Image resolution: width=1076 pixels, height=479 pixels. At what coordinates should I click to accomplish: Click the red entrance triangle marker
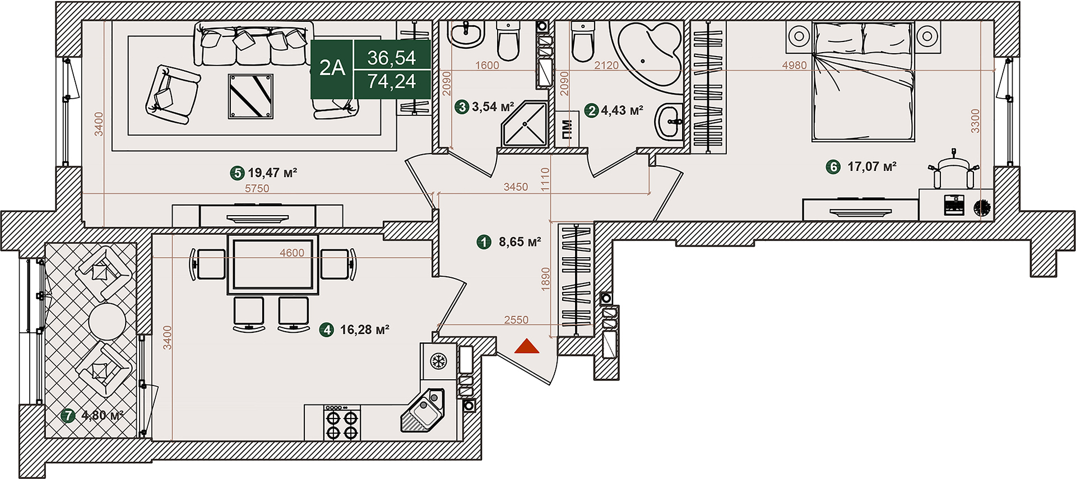click(526, 347)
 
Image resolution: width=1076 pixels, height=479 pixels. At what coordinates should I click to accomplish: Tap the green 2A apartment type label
click(332, 68)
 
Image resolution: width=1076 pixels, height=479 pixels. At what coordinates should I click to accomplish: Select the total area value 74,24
click(392, 82)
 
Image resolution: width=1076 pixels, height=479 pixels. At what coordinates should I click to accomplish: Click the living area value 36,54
click(392, 58)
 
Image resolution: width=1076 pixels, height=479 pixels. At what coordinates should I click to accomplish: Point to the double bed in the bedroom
click(863, 81)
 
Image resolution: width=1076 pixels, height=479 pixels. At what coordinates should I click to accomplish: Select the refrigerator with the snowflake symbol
click(438, 361)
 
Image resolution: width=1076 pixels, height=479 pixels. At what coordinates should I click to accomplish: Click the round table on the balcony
click(107, 322)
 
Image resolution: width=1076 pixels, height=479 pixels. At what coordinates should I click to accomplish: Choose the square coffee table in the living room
click(251, 96)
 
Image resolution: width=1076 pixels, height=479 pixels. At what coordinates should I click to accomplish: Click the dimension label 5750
click(257, 188)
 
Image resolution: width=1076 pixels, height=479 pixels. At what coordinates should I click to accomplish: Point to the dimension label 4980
click(794, 65)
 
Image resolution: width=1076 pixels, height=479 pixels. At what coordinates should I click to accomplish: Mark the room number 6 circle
click(833, 166)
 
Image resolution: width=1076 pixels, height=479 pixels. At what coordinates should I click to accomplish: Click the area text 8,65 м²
click(520, 242)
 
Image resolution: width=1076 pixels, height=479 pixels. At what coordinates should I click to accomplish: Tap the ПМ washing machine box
click(567, 129)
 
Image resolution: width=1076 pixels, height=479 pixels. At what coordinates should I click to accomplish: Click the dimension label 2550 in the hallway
click(516, 319)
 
